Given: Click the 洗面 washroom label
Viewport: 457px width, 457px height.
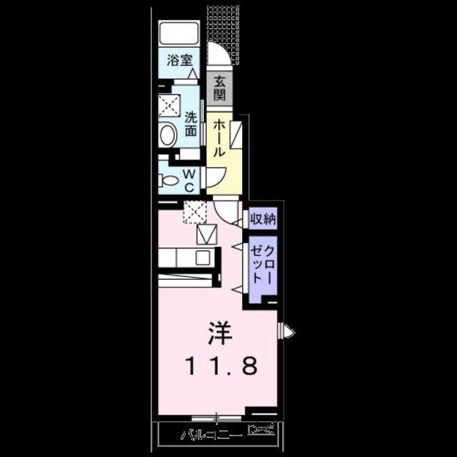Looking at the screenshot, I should (x=191, y=123).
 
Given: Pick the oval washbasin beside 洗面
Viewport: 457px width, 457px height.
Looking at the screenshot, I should (x=169, y=136).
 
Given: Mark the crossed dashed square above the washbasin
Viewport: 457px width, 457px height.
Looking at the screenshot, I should (x=170, y=106).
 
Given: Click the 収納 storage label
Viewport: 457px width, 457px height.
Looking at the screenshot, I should (x=261, y=219).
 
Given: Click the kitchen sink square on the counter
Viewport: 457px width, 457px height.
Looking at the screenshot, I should (x=204, y=257).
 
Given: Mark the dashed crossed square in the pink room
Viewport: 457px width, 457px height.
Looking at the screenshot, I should (x=194, y=211).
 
